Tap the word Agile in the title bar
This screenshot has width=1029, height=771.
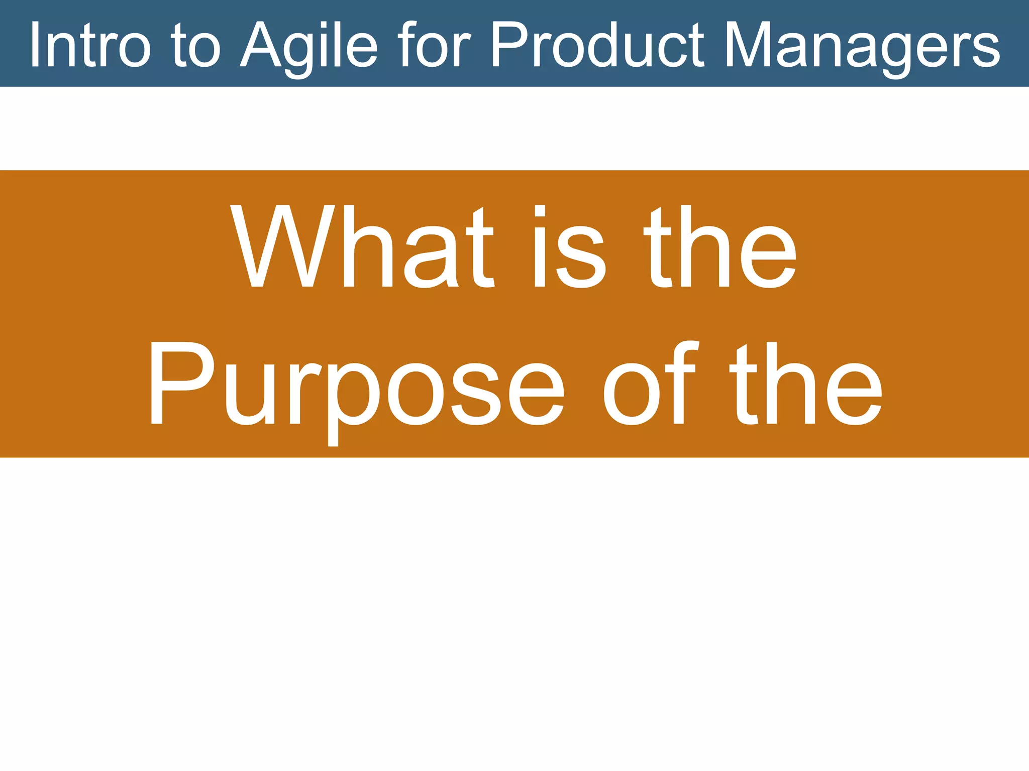pos(308,46)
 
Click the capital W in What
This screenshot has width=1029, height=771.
pos(283,246)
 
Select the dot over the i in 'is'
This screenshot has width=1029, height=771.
pos(540,210)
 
